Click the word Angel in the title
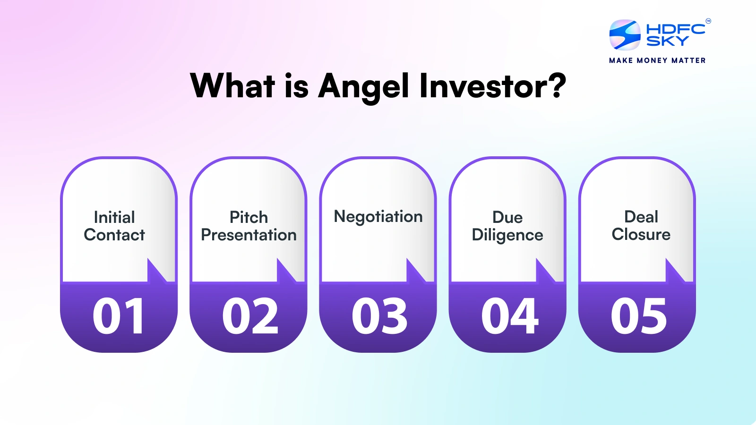363,87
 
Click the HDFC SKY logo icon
625,35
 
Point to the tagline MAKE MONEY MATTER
657,60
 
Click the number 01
119,316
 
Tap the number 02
250,316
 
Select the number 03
379,316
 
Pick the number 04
509,316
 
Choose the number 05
639,316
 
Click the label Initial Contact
114,226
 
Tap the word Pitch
249,217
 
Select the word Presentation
249,235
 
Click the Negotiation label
378,216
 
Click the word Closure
641,235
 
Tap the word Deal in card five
641,217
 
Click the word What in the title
232,86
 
